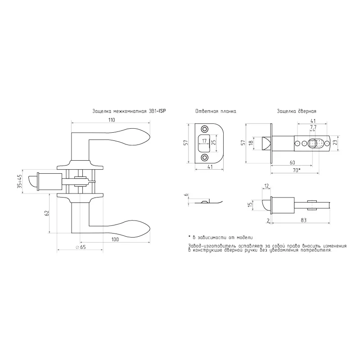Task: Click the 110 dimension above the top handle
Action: [112, 120]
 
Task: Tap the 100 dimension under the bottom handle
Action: [115, 239]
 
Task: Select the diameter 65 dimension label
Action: [81, 247]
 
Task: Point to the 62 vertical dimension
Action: [47, 213]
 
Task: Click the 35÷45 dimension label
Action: [19, 181]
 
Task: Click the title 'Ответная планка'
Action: [216, 111]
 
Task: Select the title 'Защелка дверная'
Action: [297, 111]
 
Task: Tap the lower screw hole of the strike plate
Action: [204, 157]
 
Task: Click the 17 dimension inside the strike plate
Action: [204, 141]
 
